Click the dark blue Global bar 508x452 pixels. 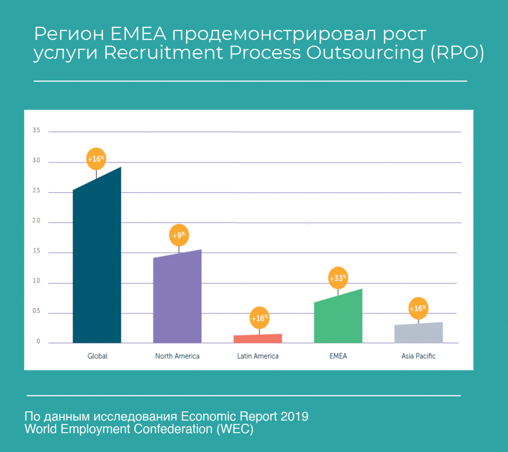pyautogui.click(x=97, y=263)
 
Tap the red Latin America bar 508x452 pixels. pyautogui.click(x=257, y=338)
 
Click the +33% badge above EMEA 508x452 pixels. pyautogui.click(x=338, y=278)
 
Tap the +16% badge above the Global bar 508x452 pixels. pyautogui.click(x=96, y=159)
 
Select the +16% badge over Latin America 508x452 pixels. pyautogui.click(x=259, y=318)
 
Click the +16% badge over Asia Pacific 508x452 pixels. pyautogui.click(x=418, y=308)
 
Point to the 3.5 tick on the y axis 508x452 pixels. pyautogui.click(x=36, y=131)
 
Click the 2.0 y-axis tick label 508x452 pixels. pyautogui.click(x=36, y=222)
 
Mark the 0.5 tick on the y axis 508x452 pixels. pyautogui.click(x=36, y=312)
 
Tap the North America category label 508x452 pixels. pyautogui.click(x=177, y=356)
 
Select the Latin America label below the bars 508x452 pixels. pyautogui.click(x=257, y=356)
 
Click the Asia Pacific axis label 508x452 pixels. pyautogui.click(x=418, y=356)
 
